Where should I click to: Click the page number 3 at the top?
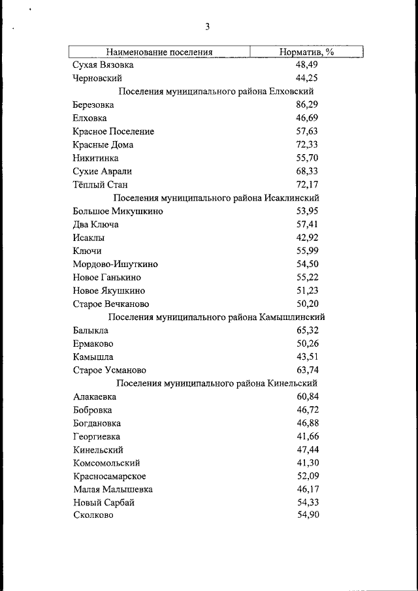(207, 27)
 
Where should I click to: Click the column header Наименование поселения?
(160, 52)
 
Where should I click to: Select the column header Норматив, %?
(307, 52)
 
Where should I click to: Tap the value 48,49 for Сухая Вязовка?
(307, 65)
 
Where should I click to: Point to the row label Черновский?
(97, 78)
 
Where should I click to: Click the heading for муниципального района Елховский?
(216, 91)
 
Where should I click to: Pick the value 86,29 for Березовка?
(307, 105)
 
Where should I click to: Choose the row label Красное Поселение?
(114, 131)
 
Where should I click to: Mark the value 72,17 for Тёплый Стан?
(307, 185)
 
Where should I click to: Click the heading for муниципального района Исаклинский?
(216, 198)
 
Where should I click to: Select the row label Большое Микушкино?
(118, 212)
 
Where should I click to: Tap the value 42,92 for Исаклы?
(307, 238)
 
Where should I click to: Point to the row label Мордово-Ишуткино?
(116, 264)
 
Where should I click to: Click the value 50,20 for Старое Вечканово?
(307, 304)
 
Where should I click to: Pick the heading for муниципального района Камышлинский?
(216, 317)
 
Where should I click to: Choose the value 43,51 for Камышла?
(307, 357)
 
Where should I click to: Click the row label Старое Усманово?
(109, 370)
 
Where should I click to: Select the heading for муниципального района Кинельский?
(216, 383)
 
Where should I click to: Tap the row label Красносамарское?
(110, 476)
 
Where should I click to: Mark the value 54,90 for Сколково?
(307, 516)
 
